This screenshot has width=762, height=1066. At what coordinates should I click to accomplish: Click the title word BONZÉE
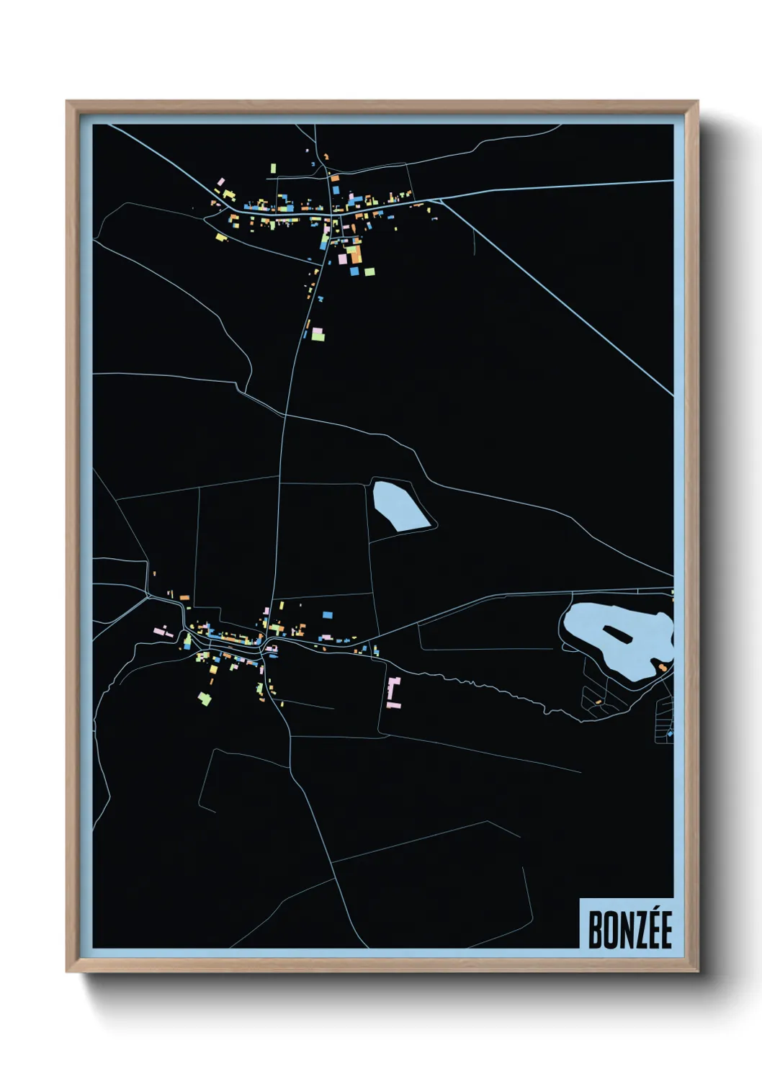point(629,929)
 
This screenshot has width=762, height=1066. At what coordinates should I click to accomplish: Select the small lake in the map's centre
point(399,507)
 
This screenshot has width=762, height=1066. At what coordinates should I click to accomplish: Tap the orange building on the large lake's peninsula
point(663,668)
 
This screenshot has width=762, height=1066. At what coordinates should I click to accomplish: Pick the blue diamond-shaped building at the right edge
point(670,733)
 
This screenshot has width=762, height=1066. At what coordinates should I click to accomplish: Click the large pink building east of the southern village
point(393,691)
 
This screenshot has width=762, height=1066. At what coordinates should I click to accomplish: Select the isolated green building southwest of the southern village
point(205,697)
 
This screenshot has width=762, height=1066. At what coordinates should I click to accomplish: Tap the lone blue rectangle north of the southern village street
point(328,615)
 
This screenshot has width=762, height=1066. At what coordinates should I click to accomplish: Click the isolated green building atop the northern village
point(274,169)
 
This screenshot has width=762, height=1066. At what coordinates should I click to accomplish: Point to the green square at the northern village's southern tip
point(369,272)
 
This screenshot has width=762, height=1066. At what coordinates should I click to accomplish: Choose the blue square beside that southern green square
point(354,272)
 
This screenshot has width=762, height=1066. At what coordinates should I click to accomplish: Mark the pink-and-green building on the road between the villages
point(317,333)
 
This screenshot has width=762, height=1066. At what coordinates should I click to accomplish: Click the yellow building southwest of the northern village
point(221,236)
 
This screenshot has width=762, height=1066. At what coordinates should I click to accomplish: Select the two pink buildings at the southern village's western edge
point(164,632)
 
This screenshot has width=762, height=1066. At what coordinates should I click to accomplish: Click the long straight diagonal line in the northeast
point(562,303)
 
